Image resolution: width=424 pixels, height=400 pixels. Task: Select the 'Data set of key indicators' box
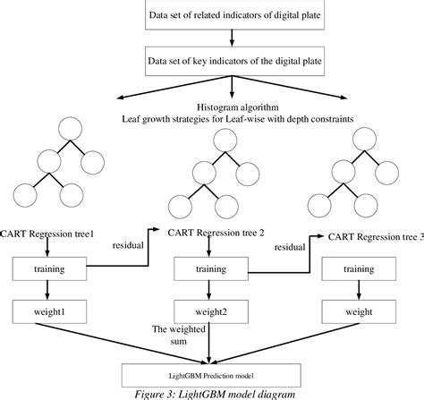(232, 62)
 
